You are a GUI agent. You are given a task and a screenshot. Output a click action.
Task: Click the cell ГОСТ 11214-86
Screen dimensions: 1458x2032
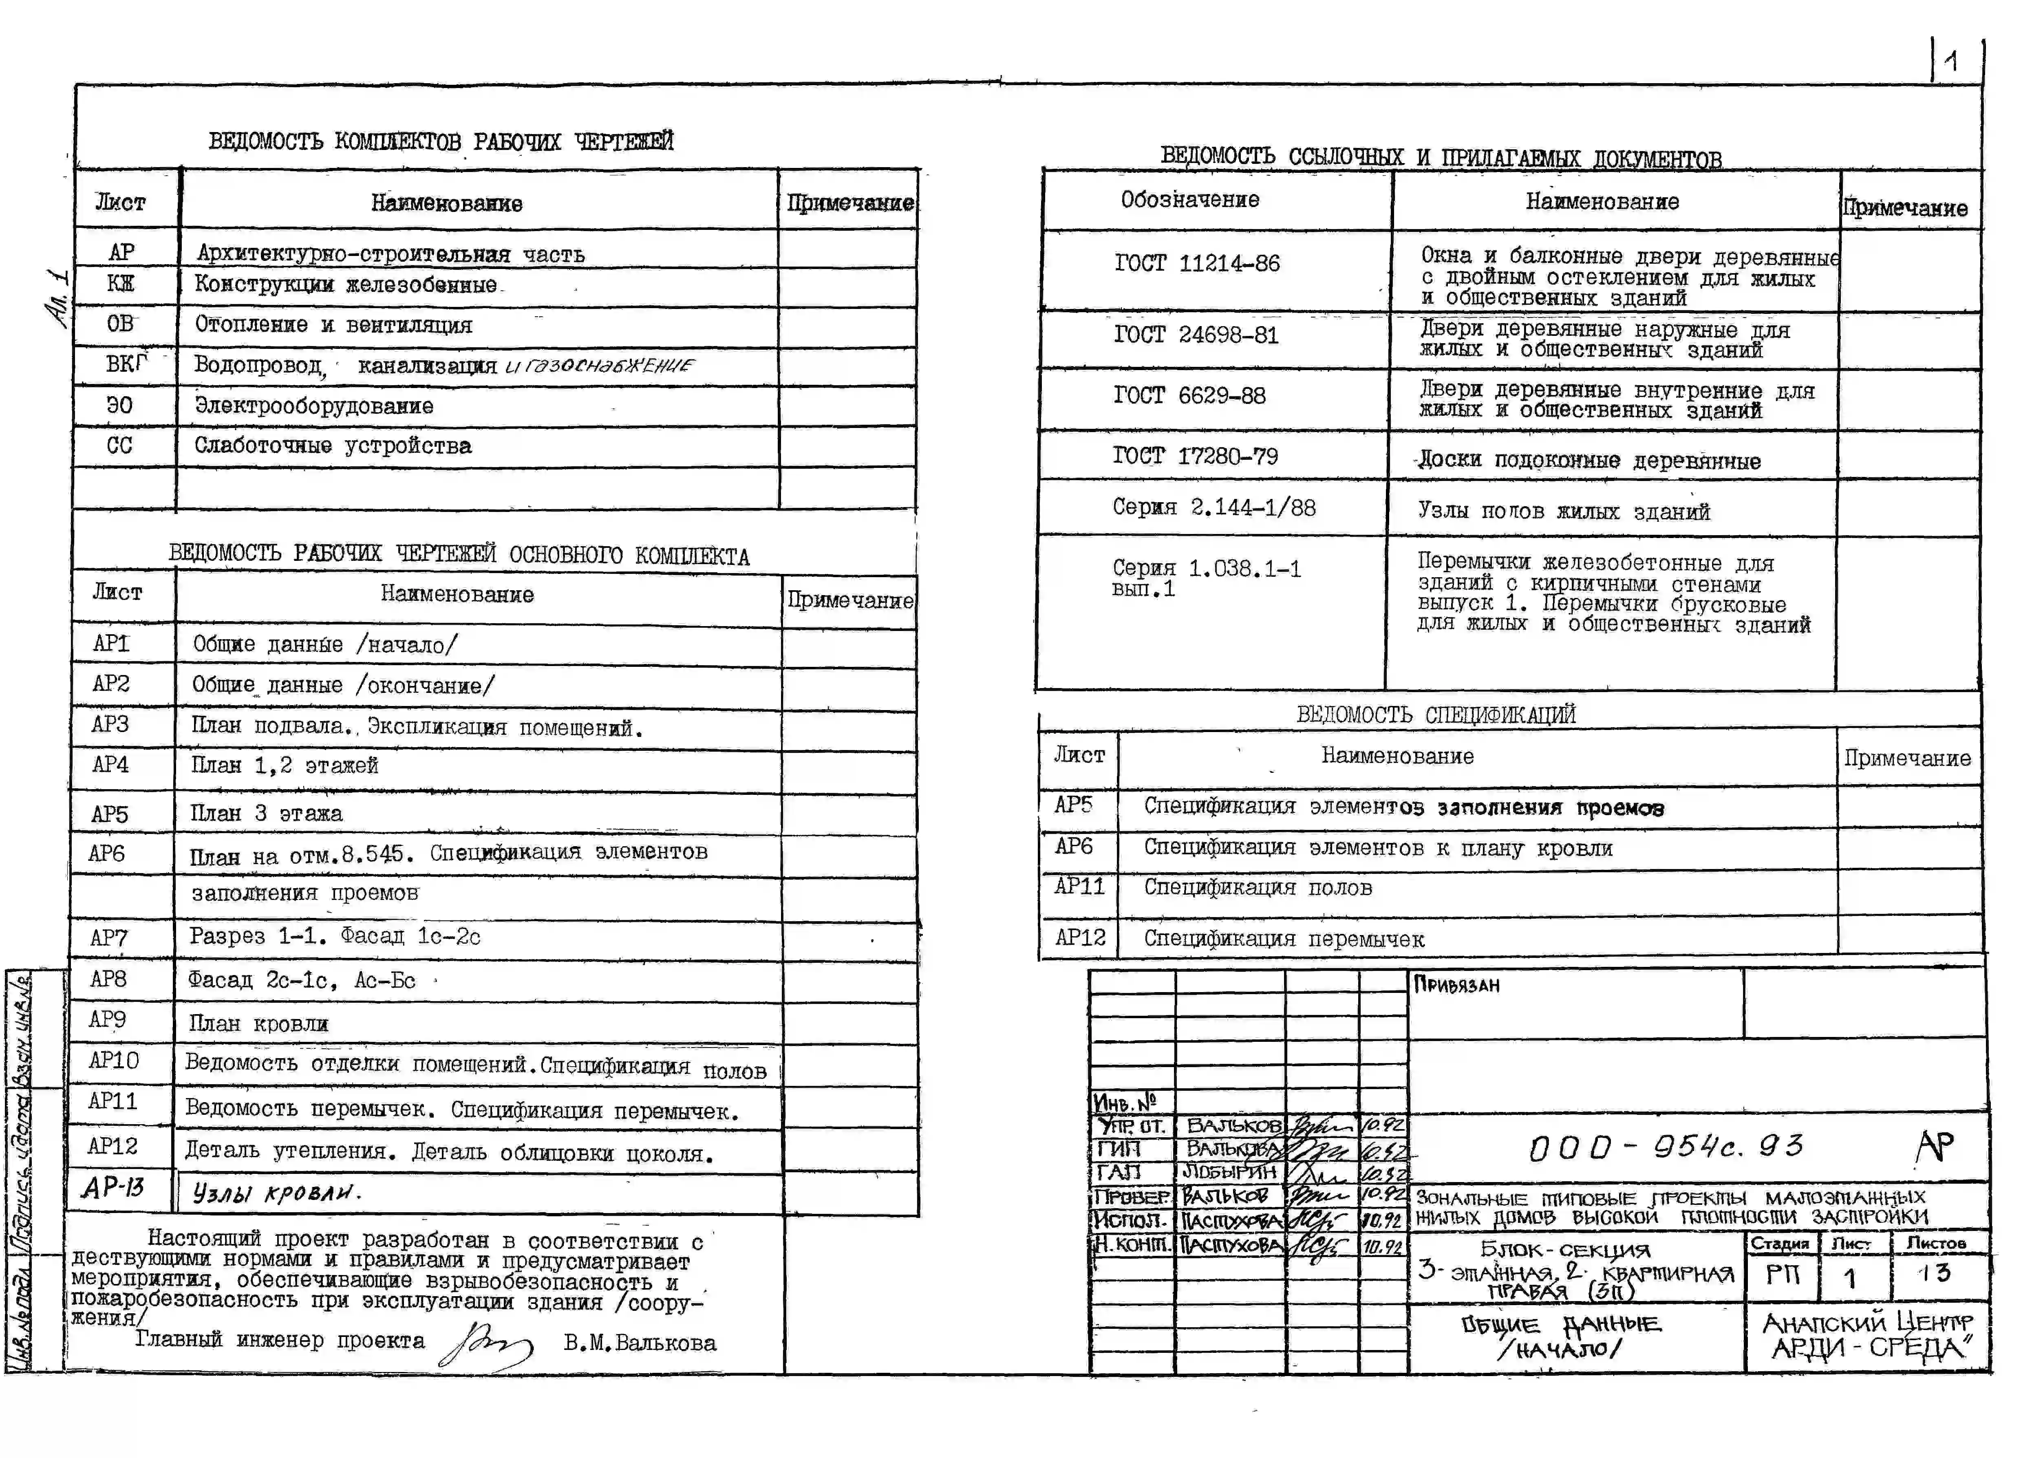coord(1197,263)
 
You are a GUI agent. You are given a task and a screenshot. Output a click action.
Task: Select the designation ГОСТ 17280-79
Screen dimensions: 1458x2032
coord(1195,456)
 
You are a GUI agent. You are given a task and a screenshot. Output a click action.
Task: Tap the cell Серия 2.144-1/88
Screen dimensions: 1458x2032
coord(1213,508)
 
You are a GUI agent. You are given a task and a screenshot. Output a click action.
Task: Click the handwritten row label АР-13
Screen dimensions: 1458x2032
coord(113,1188)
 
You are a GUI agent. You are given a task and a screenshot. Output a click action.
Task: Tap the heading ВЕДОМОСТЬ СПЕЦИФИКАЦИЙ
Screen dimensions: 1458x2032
coord(1435,715)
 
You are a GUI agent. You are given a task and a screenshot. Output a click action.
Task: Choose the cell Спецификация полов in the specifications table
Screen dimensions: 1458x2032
coord(1257,888)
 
